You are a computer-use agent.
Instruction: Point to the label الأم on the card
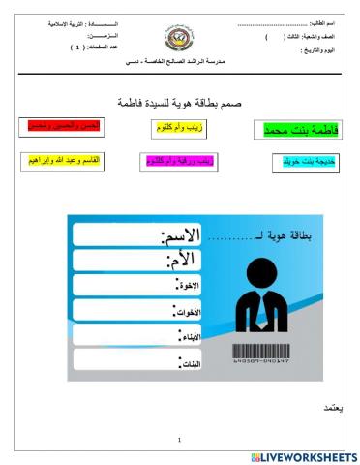181,260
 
